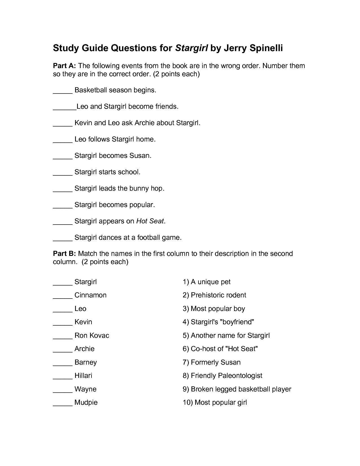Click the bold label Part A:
coord(64,66)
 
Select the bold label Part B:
coord(64,254)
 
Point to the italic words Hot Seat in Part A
coord(150,221)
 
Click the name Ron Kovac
coord(92,336)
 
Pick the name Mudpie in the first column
coord(86,402)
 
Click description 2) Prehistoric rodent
coord(214,295)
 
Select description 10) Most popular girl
coord(215,402)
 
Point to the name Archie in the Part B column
coord(84,349)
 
